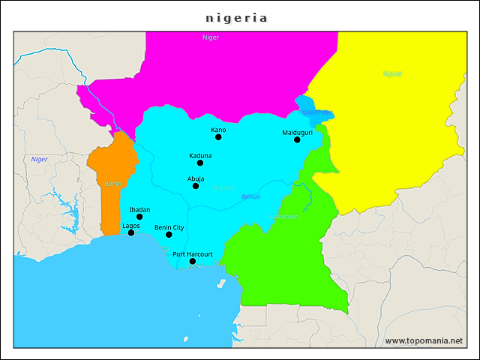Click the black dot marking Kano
click(218, 137)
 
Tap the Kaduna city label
click(200, 155)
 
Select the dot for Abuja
click(196, 186)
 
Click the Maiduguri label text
click(297, 132)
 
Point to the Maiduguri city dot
click(297, 139)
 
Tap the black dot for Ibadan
click(139, 217)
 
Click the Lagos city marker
click(131, 232)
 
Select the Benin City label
click(169, 227)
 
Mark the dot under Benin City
click(169, 235)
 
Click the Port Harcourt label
click(193, 254)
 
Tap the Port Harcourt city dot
click(193, 261)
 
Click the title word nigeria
click(236, 17)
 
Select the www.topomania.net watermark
click(424, 341)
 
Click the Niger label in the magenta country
click(211, 37)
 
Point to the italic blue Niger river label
click(39, 159)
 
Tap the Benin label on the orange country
click(112, 183)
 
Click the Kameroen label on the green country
click(283, 217)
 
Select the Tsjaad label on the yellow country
click(392, 73)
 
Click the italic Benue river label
click(250, 196)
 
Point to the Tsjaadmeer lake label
click(316, 112)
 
